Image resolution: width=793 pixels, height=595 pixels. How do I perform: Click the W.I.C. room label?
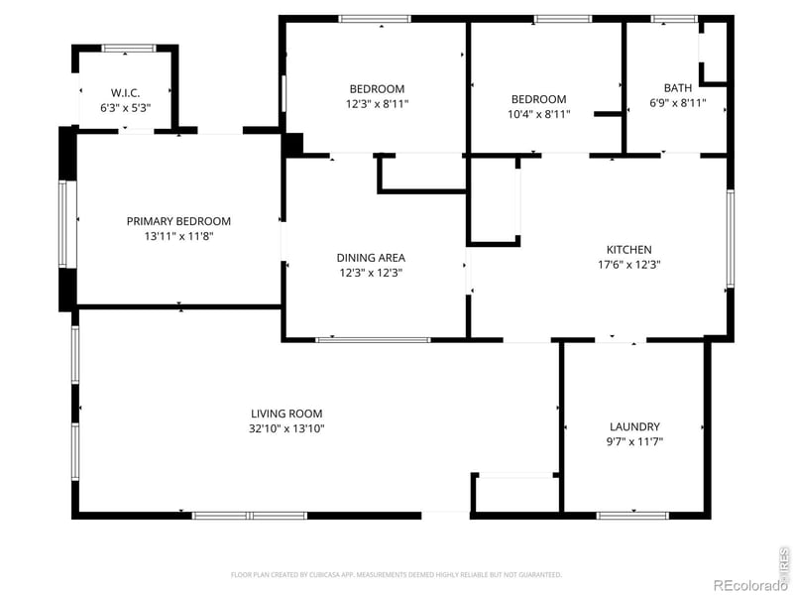pyautogui.click(x=125, y=91)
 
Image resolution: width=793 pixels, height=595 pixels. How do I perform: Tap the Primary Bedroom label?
pyautogui.click(x=178, y=221)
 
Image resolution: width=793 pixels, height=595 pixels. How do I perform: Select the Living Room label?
pyautogui.click(x=286, y=414)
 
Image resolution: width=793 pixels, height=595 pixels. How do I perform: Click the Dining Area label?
pyautogui.click(x=371, y=258)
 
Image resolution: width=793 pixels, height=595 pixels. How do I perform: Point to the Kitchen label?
pyautogui.click(x=629, y=250)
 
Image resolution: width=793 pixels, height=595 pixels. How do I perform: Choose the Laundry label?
pyautogui.click(x=635, y=426)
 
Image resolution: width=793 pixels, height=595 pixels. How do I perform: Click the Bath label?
pyautogui.click(x=678, y=88)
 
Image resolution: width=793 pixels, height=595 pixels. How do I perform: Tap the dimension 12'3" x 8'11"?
pyautogui.click(x=377, y=103)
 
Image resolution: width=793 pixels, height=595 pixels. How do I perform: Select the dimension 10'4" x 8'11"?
pyautogui.click(x=538, y=113)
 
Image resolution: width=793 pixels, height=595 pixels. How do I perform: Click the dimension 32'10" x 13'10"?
pyautogui.click(x=286, y=428)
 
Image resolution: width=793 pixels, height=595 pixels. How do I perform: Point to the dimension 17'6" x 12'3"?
pyautogui.click(x=629, y=265)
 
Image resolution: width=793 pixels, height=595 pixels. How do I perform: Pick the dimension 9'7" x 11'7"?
pyautogui.click(x=635, y=441)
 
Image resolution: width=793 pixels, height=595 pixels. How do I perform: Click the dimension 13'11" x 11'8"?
pyautogui.click(x=178, y=236)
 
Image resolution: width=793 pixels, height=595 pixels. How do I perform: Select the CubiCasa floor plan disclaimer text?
pyautogui.click(x=396, y=574)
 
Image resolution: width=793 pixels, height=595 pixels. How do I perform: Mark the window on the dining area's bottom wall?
pyautogui.click(x=373, y=340)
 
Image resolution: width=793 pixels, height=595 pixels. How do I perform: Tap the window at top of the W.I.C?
pyautogui.click(x=129, y=47)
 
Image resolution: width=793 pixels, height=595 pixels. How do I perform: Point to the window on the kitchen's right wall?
pyautogui.click(x=731, y=238)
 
